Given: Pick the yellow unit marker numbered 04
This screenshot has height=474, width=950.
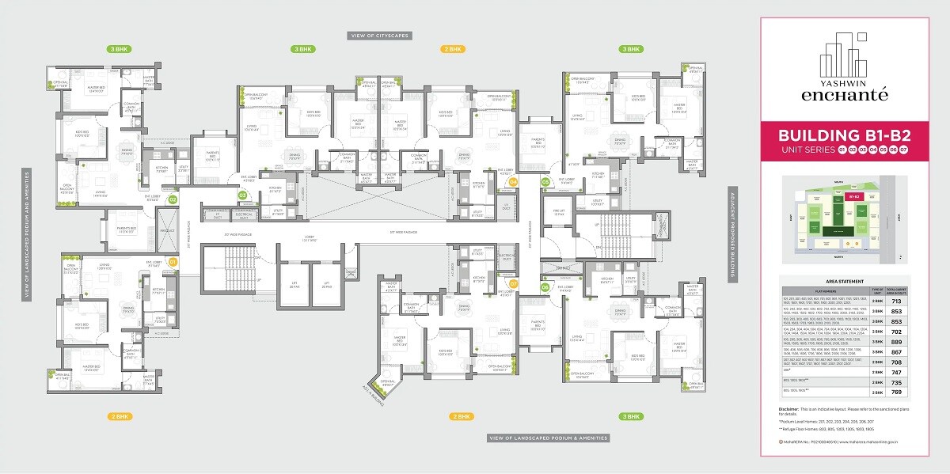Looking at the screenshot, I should [x=513, y=182].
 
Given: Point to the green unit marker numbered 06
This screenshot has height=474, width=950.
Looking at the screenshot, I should [x=545, y=287].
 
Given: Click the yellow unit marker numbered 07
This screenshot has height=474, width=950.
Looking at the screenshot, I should [x=513, y=283].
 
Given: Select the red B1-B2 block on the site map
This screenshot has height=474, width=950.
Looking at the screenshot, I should [x=853, y=195].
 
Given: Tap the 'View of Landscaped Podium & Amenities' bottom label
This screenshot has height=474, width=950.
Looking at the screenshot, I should [x=549, y=438].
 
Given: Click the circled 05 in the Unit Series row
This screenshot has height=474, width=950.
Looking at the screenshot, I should [x=873, y=149].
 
